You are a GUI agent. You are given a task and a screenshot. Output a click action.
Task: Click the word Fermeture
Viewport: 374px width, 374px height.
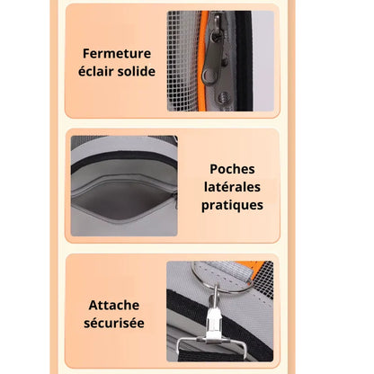coord(116,54)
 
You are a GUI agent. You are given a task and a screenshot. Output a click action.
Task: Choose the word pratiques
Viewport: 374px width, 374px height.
coord(233,205)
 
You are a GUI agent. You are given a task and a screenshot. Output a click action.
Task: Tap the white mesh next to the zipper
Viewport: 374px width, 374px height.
coord(183,63)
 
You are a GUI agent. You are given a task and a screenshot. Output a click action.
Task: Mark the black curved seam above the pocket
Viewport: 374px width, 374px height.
coord(124,154)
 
